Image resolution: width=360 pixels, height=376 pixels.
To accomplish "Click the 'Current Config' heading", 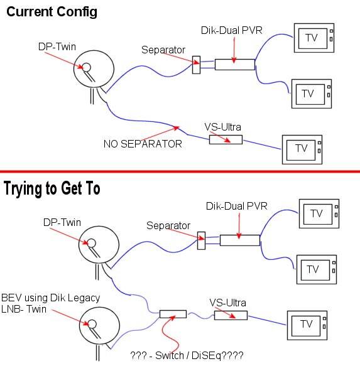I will pyautogui.click(x=52, y=12).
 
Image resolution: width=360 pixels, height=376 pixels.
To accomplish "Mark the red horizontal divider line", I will pyautogui.click(x=180, y=171).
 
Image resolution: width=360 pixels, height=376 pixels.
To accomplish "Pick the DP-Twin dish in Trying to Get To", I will pyautogui.click(x=94, y=245).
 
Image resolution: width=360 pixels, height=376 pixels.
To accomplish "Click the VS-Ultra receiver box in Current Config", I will pyautogui.click(x=226, y=139).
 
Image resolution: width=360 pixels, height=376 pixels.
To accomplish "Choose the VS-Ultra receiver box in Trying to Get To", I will pyautogui.click(x=230, y=315).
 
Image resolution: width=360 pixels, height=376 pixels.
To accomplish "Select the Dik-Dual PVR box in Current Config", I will pyautogui.click(x=234, y=63).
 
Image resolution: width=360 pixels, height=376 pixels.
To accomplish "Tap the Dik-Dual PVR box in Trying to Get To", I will pyautogui.click(x=239, y=239).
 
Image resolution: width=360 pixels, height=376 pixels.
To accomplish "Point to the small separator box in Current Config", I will pyautogui.click(x=196, y=63).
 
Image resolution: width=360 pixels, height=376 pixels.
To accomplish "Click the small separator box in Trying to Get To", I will pyautogui.click(x=201, y=238).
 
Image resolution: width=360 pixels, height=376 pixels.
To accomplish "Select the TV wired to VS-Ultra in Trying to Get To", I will pyautogui.click(x=306, y=325).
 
